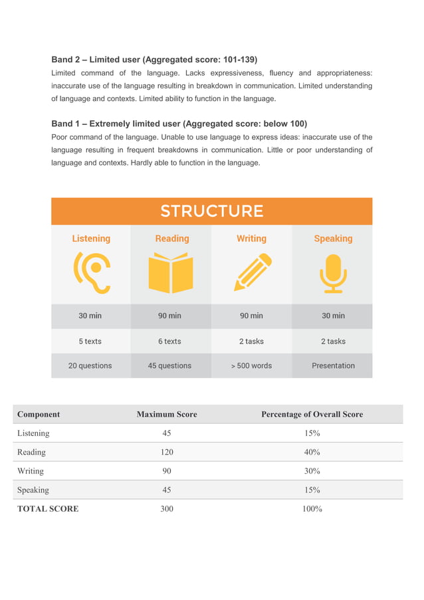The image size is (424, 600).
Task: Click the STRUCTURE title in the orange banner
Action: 211,211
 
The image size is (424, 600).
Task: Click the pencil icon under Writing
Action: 252,273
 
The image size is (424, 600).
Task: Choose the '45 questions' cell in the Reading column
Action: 169,365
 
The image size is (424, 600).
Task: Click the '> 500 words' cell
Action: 251,365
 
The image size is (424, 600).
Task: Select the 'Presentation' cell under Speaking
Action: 333,365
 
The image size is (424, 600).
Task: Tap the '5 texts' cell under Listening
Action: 90,341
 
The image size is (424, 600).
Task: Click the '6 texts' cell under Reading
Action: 169,341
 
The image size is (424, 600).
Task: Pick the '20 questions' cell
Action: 90,365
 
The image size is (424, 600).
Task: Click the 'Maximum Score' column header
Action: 167,414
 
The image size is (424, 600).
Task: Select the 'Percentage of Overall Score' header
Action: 312,414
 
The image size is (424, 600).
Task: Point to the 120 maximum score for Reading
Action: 167,452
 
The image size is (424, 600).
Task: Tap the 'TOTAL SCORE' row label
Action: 48,509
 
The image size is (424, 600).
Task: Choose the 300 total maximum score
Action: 167,509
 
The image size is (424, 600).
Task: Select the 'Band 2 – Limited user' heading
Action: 154,59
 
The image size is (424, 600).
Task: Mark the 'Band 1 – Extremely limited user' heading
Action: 179,124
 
